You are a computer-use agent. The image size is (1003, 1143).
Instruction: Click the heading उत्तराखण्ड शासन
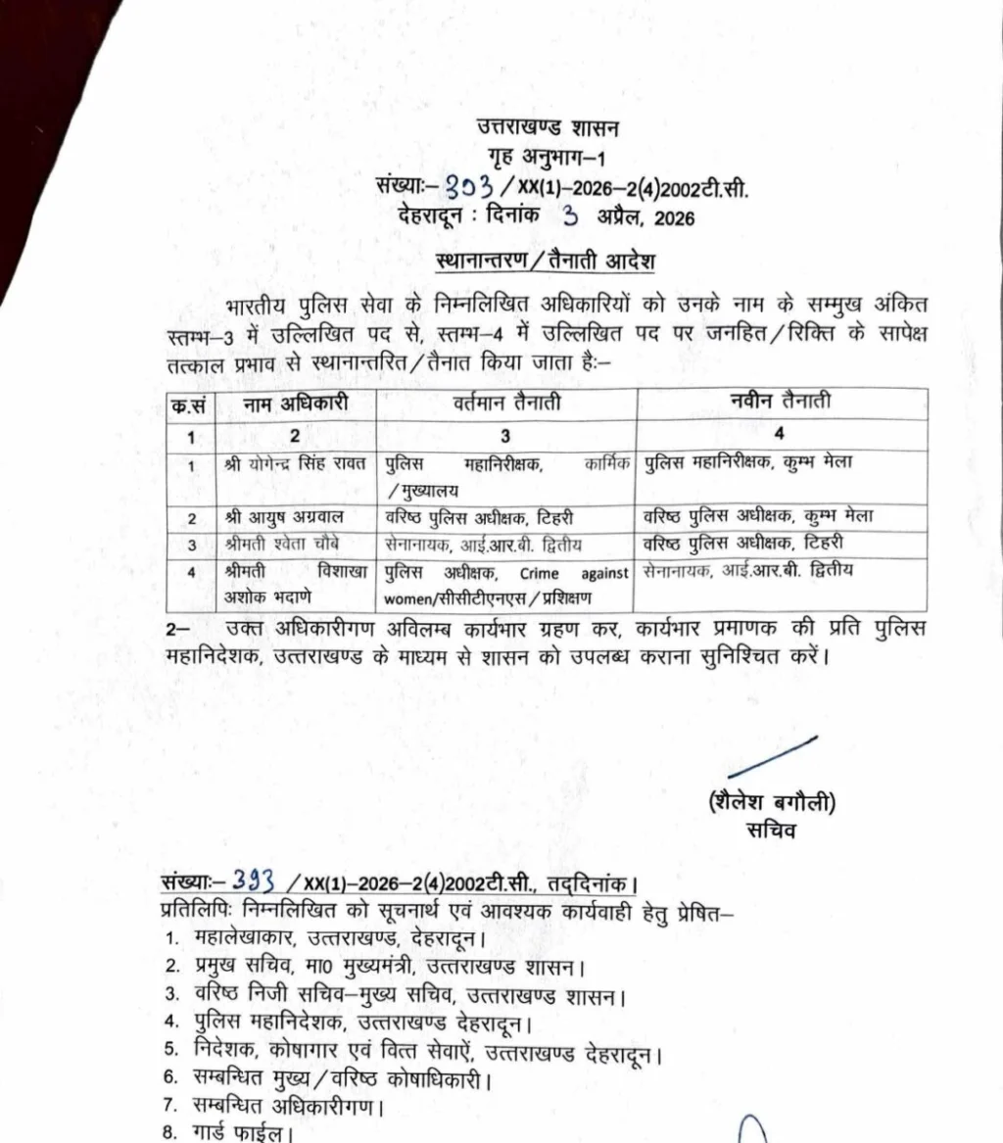(548, 127)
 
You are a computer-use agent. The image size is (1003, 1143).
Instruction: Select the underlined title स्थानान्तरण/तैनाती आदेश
(545, 262)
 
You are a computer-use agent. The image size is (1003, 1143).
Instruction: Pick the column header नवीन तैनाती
(781, 401)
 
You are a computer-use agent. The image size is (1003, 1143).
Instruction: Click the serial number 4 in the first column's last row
(191, 571)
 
